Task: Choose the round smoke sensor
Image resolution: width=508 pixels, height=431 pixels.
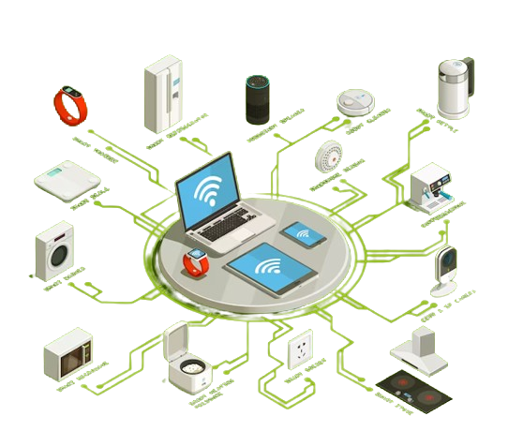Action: tap(331, 156)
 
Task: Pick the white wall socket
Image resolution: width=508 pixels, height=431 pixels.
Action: tap(301, 350)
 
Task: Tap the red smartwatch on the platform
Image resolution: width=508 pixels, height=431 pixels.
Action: tap(195, 263)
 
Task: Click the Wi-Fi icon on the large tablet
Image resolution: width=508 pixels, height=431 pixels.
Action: tap(269, 267)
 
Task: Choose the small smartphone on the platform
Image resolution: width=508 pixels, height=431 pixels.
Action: tap(304, 234)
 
